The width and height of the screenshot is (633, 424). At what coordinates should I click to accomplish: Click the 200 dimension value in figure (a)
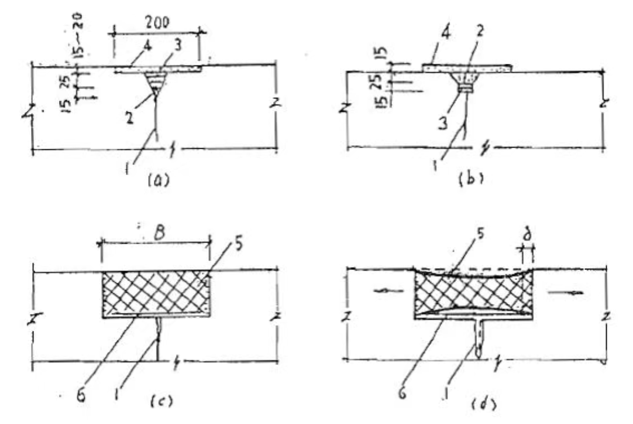(x=157, y=22)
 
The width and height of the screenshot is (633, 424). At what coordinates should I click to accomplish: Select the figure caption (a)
(x=158, y=180)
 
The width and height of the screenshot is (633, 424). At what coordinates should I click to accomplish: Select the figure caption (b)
(x=471, y=178)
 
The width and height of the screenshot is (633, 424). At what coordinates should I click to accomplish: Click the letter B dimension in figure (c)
(x=160, y=233)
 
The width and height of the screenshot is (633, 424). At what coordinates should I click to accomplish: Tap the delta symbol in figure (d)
(x=527, y=234)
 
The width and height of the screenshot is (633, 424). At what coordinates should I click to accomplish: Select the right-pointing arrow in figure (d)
(x=565, y=292)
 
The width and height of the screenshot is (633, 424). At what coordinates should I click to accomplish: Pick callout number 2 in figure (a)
(x=129, y=118)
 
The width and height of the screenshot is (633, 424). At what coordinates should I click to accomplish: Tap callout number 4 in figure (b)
(x=446, y=33)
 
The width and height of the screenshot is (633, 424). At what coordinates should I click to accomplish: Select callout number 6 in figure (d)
(x=402, y=392)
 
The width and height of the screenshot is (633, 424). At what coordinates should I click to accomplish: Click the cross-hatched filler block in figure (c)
(x=155, y=294)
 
